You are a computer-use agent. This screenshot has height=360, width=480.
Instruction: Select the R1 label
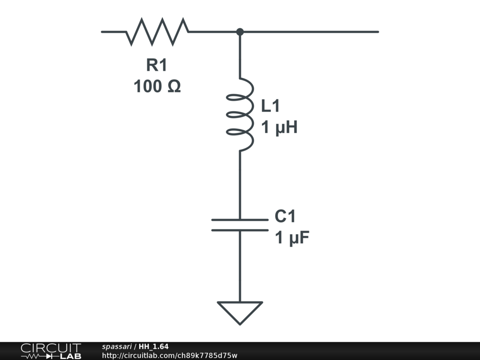click(x=157, y=66)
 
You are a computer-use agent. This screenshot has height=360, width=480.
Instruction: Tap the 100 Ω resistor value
click(x=157, y=86)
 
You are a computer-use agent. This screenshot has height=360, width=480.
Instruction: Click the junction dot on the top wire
click(x=240, y=32)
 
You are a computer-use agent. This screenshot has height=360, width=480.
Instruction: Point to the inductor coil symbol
click(x=240, y=115)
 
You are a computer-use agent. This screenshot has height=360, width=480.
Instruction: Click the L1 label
click(x=270, y=106)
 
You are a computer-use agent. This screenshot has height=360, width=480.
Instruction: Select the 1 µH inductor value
click(x=279, y=127)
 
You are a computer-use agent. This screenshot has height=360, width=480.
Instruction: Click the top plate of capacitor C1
click(x=240, y=219)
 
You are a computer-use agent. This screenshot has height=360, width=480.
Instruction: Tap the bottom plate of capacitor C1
click(x=240, y=230)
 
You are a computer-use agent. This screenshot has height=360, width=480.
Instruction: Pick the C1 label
click(x=285, y=217)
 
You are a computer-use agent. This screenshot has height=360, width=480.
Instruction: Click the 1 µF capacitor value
click(x=292, y=239)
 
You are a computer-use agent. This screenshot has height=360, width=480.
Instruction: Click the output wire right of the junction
click(x=309, y=32)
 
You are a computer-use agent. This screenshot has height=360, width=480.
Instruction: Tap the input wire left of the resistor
click(x=113, y=32)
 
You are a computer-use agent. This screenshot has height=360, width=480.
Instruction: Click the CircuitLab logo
click(x=51, y=351)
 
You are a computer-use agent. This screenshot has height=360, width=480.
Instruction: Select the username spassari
click(x=117, y=347)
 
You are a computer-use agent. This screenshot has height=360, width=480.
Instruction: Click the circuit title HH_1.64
click(x=154, y=347)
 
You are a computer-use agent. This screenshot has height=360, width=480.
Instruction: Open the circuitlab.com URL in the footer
click(x=169, y=355)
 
